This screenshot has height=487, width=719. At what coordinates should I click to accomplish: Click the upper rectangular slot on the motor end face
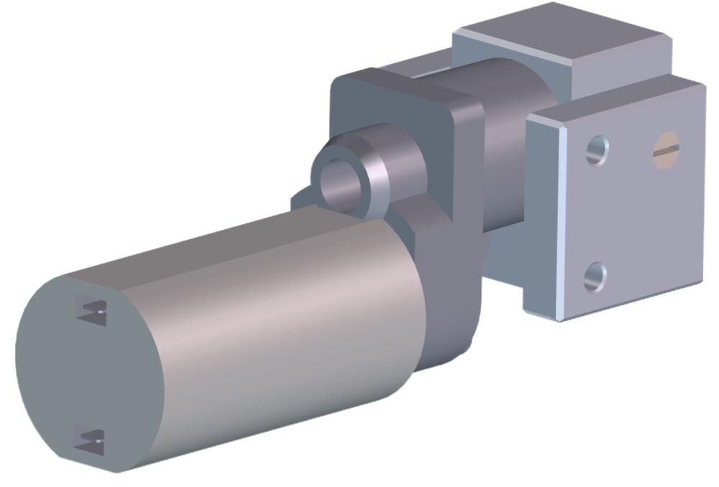[x=91, y=310]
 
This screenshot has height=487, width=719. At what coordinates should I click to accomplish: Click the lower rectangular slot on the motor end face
[x=90, y=440]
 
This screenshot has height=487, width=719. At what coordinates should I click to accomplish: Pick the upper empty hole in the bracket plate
[x=596, y=151]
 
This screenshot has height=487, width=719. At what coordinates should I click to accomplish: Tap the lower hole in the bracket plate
[x=595, y=277]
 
